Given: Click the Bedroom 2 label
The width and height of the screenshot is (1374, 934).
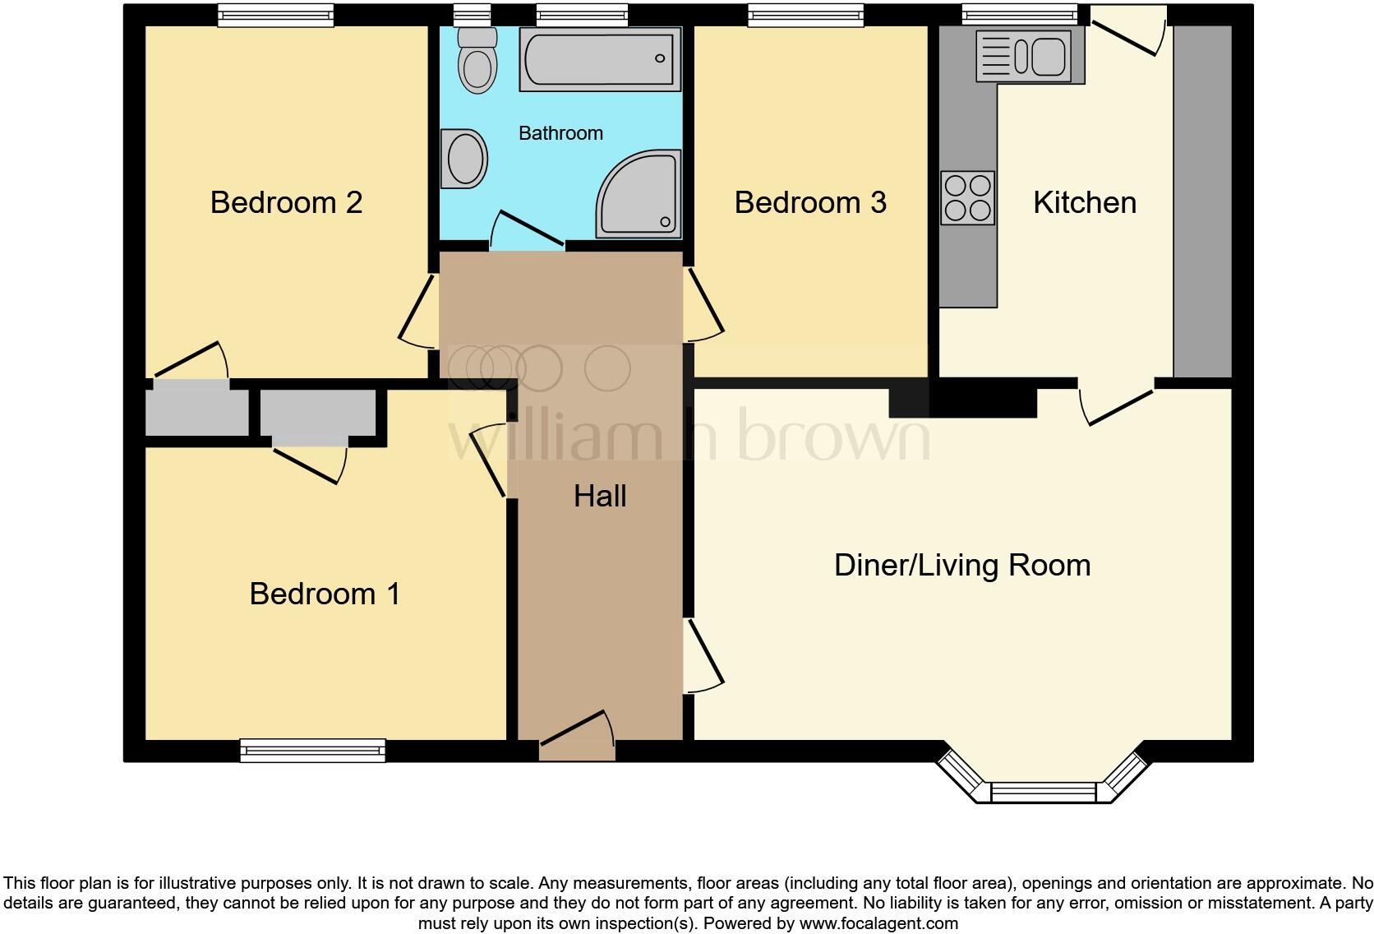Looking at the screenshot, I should [286, 202].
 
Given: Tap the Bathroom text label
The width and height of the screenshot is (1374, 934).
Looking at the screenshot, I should [560, 133].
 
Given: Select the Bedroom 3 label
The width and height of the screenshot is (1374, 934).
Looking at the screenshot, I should [810, 202].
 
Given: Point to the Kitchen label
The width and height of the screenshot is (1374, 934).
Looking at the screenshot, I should [1084, 202].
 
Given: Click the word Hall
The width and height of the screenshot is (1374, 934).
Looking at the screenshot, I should [600, 496].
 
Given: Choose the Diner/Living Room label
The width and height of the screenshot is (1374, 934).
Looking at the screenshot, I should [961, 566].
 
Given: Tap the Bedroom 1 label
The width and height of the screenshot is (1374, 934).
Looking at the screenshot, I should [325, 594].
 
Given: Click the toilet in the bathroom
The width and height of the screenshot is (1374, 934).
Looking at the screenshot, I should [477, 59].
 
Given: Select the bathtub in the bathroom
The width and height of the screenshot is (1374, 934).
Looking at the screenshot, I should [600, 58].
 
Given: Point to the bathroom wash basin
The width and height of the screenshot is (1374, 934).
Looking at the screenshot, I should [464, 159].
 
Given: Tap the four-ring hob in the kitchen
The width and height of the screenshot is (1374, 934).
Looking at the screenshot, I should [967, 198].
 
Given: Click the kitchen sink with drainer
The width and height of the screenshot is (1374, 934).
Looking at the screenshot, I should [1029, 57].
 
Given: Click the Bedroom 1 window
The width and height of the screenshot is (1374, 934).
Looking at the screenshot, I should [312, 750].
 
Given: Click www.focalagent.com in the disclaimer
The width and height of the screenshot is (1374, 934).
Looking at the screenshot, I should [878, 923].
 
